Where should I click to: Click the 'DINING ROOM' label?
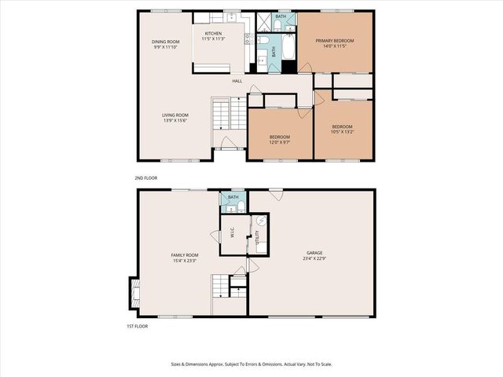pyautogui.click(x=166, y=41)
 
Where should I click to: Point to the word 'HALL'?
pyautogui.click(x=237, y=81)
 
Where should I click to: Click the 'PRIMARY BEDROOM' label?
pyautogui.click(x=335, y=41)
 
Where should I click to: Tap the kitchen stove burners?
pyautogui.click(x=246, y=38)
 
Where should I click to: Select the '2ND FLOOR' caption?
pyautogui.click(x=146, y=178)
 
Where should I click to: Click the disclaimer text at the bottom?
pyautogui.click(x=251, y=364)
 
